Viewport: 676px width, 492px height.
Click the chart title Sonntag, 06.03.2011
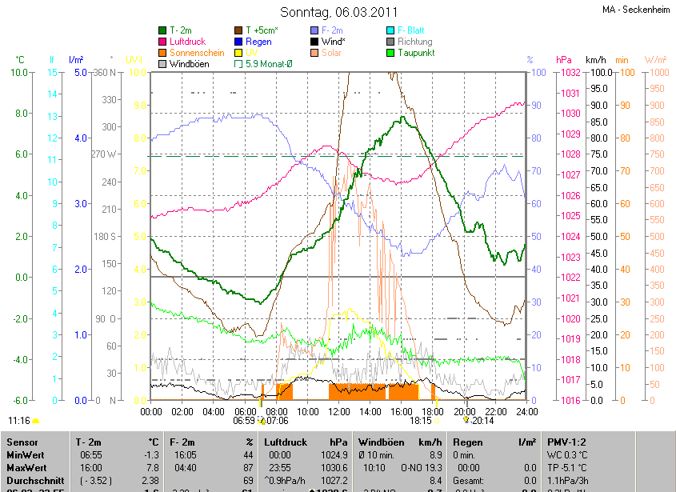(x=338, y=12)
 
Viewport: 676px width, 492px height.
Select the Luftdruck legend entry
(x=189, y=42)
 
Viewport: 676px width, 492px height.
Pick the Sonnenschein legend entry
(x=197, y=53)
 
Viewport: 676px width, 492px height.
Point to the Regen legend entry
(x=258, y=42)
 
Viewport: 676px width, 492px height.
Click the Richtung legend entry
(x=414, y=42)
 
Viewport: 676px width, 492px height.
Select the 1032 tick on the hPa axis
(x=570, y=73)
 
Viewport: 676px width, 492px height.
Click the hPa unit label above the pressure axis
(x=564, y=60)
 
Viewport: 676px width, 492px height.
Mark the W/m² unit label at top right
(x=654, y=60)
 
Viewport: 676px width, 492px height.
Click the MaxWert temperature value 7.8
(x=151, y=468)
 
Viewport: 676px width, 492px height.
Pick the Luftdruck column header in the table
(x=285, y=442)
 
